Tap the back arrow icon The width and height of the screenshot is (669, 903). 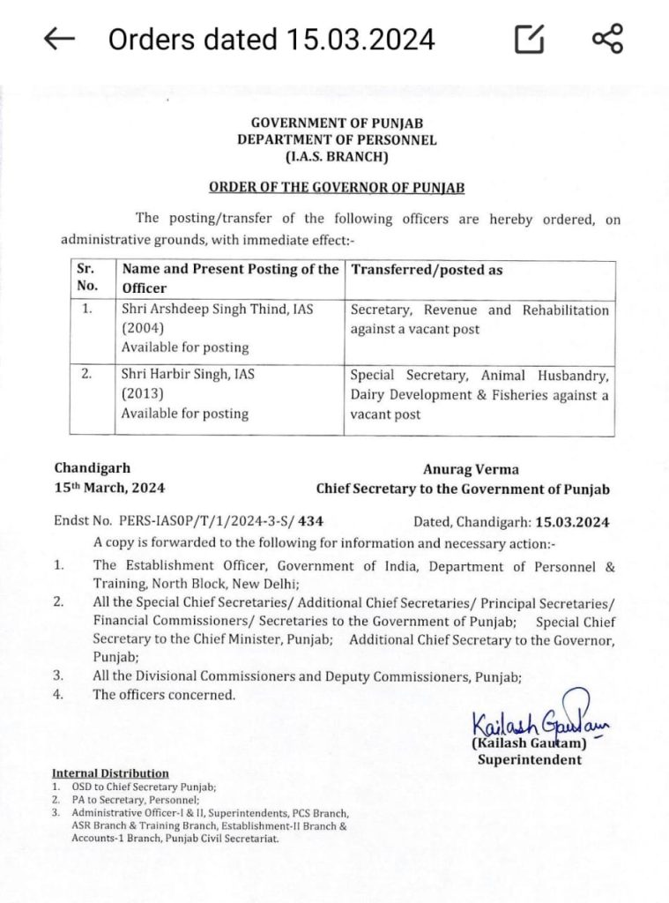(59, 40)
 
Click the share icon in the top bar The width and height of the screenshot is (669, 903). (606, 39)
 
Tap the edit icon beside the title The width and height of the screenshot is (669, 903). (529, 40)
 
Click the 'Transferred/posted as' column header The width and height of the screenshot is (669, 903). (427, 270)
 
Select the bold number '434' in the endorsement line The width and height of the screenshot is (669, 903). (323, 522)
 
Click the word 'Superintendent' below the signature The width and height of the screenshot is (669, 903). (530, 759)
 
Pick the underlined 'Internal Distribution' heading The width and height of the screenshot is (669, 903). (110, 773)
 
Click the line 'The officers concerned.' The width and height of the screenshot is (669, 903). (165, 695)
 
